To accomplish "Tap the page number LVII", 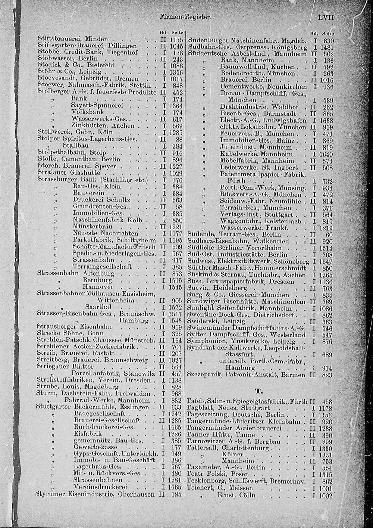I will click(325, 17).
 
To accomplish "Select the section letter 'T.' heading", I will click(258, 391).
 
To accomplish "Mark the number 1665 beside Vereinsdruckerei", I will click(175, 487).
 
